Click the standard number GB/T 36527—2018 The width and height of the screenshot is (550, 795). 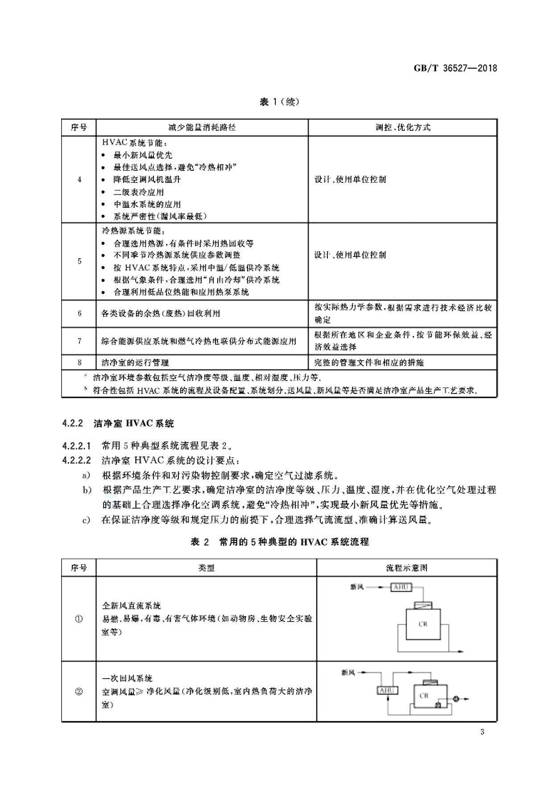click(455, 68)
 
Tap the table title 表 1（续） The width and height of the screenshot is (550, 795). click(279, 102)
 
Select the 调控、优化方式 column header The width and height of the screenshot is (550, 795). click(402, 128)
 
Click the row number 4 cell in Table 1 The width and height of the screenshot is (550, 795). click(79, 179)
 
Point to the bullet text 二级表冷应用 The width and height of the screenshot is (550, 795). click(138, 192)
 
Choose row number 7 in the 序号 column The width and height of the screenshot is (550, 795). click(79, 341)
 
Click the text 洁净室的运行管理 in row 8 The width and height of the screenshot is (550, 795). click(135, 363)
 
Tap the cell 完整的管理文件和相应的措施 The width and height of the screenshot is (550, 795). click(368, 363)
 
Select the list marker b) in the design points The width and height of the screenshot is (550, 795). click(87, 490)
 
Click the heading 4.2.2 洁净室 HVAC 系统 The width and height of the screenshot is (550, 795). click(118, 423)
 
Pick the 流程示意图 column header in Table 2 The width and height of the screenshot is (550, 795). click(406, 568)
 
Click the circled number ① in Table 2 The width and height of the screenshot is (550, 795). click(79, 619)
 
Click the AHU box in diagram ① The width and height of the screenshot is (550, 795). click(401, 587)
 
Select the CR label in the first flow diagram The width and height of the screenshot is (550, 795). click(423, 624)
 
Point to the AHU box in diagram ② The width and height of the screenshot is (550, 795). click(387, 691)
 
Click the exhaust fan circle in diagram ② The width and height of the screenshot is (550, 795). click(456, 699)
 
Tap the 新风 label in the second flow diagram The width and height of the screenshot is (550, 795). click(348, 672)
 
